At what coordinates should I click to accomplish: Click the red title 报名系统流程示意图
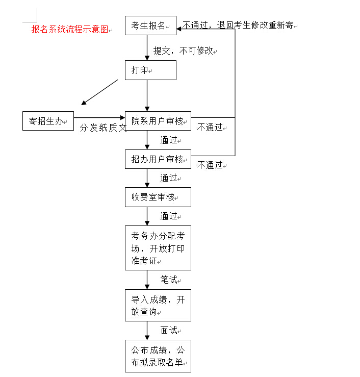[x=70, y=29]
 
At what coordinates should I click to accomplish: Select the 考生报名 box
[x=151, y=26]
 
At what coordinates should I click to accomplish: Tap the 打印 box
[x=151, y=70]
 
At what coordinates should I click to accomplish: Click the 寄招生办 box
[x=48, y=121]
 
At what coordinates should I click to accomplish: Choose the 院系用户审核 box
[x=158, y=121]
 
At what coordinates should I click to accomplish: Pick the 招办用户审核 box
[x=158, y=159]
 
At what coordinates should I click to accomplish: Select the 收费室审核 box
[x=158, y=197]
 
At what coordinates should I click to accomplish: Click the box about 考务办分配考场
[x=158, y=248]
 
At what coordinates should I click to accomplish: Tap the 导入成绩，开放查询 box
[x=158, y=306]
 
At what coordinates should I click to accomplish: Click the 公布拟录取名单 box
[x=158, y=356]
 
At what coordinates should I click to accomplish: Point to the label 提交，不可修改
[x=183, y=51]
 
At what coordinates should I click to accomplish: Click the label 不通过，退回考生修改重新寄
[x=238, y=25]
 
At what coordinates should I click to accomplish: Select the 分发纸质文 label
[x=103, y=128]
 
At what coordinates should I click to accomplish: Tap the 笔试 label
[x=169, y=280]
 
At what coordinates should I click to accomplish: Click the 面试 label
[x=169, y=331]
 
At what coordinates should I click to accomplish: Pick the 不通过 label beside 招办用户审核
[x=210, y=165]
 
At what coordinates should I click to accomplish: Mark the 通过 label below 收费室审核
[x=169, y=216]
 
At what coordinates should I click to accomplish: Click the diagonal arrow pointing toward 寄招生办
[x=99, y=92]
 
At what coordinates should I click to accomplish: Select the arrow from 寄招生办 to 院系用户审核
[x=99, y=117]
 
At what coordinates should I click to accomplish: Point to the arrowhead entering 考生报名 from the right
[x=179, y=29]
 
